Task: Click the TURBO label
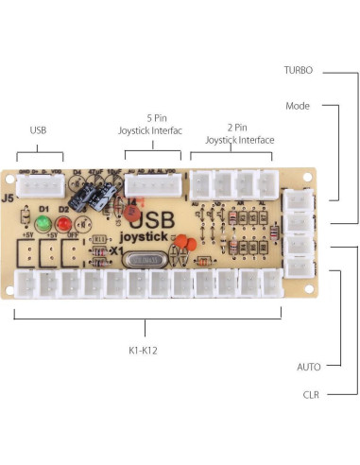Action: point(298,71)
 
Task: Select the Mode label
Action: point(298,106)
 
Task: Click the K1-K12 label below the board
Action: point(144,351)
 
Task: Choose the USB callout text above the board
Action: point(39,130)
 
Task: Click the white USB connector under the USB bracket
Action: point(40,189)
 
